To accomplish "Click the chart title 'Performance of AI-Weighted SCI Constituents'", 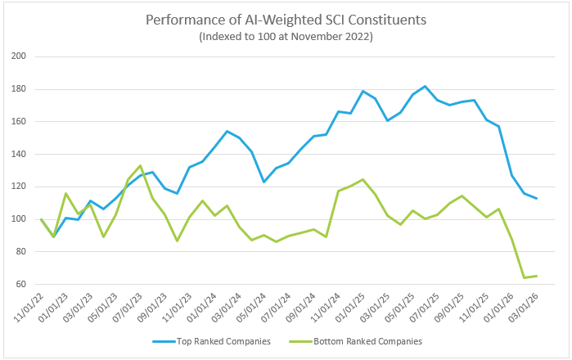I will pos(286,18).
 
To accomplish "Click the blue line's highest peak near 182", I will pos(425,86).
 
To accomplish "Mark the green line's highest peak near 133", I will pos(140,165).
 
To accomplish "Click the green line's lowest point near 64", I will pos(524,277).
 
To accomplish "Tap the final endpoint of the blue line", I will pos(536,198).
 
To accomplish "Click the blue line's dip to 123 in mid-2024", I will pos(263,182).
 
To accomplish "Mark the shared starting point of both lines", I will pos(41,218).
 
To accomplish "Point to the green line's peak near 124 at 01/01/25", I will pos(363,179).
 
